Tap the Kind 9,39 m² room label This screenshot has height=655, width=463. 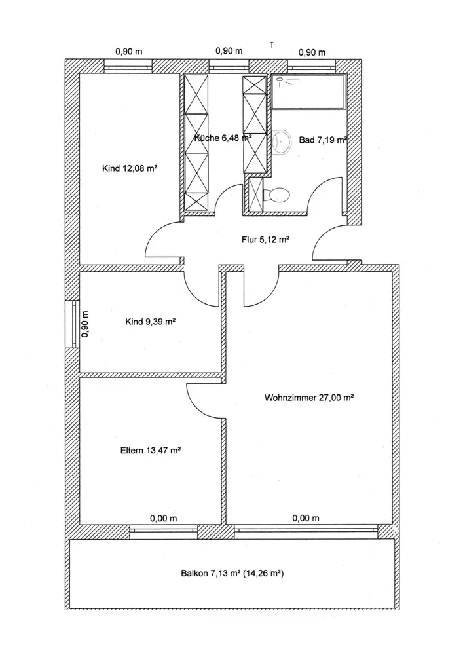pyautogui.click(x=150, y=321)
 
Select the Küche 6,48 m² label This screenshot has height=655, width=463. pyautogui.click(x=223, y=138)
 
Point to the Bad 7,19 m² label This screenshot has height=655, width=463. pyautogui.click(x=323, y=140)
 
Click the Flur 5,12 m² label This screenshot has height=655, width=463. pyautogui.click(x=265, y=240)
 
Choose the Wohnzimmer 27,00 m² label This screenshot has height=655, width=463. pyautogui.click(x=309, y=397)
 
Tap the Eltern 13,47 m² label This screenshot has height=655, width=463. pyautogui.click(x=151, y=450)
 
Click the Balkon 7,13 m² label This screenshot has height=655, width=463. pyautogui.click(x=232, y=574)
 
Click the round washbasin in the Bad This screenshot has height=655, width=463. pyautogui.click(x=284, y=141)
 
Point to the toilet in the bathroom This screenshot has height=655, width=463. pyautogui.click(x=278, y=194)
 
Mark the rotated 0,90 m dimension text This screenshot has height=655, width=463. pyautogui.click(x=84, y=323)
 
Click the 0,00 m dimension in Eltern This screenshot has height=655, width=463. pyautogui.click(x=163, y=519)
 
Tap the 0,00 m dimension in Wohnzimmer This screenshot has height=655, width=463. pyautogui.click(x=306, y=519)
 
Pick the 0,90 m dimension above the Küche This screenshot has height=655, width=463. pyautogui.click(x=229, y=51)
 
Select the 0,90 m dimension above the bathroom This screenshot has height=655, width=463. pyautogui.click(x=312, y=52)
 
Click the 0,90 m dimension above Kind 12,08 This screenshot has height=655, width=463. pyautogui.click(x=128, y=52)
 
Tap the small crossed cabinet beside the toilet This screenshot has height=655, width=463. pyautogui.click(x=255, y=195)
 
